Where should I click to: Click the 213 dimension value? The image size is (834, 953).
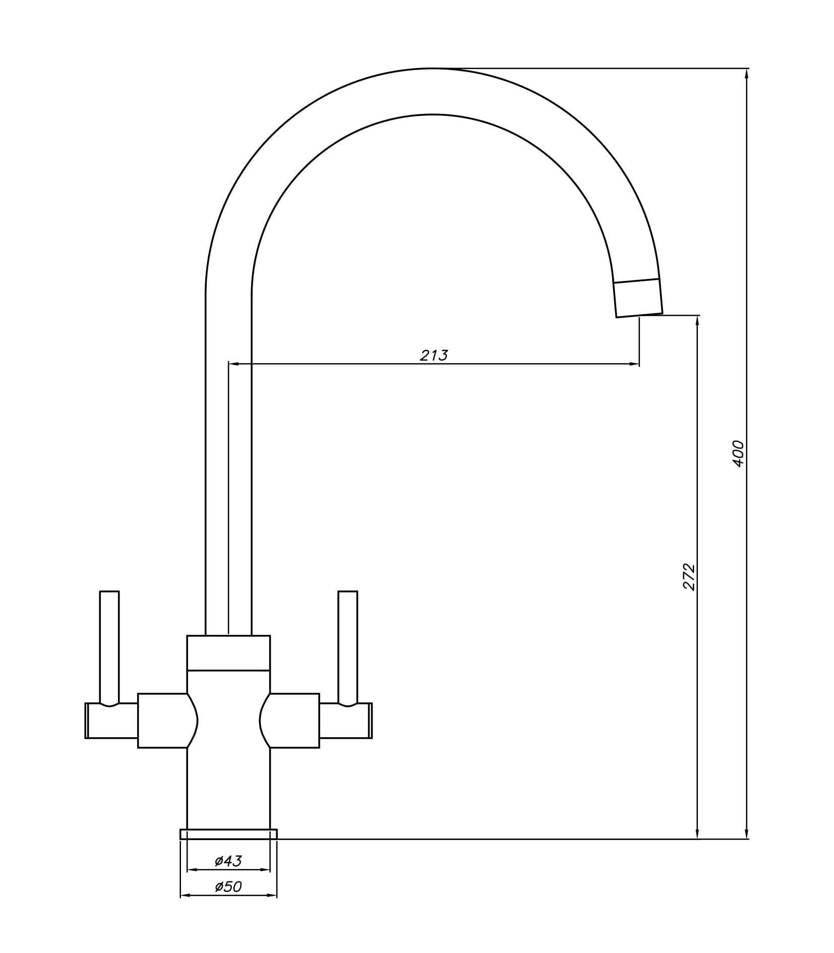point(434,355)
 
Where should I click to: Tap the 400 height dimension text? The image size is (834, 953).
point(738,454)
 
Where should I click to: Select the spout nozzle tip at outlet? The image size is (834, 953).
point(638,299)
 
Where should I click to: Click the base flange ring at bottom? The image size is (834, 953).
point(228,834)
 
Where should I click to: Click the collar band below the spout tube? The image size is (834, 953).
point(228,652)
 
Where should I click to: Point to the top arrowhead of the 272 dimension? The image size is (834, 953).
point(697,321)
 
